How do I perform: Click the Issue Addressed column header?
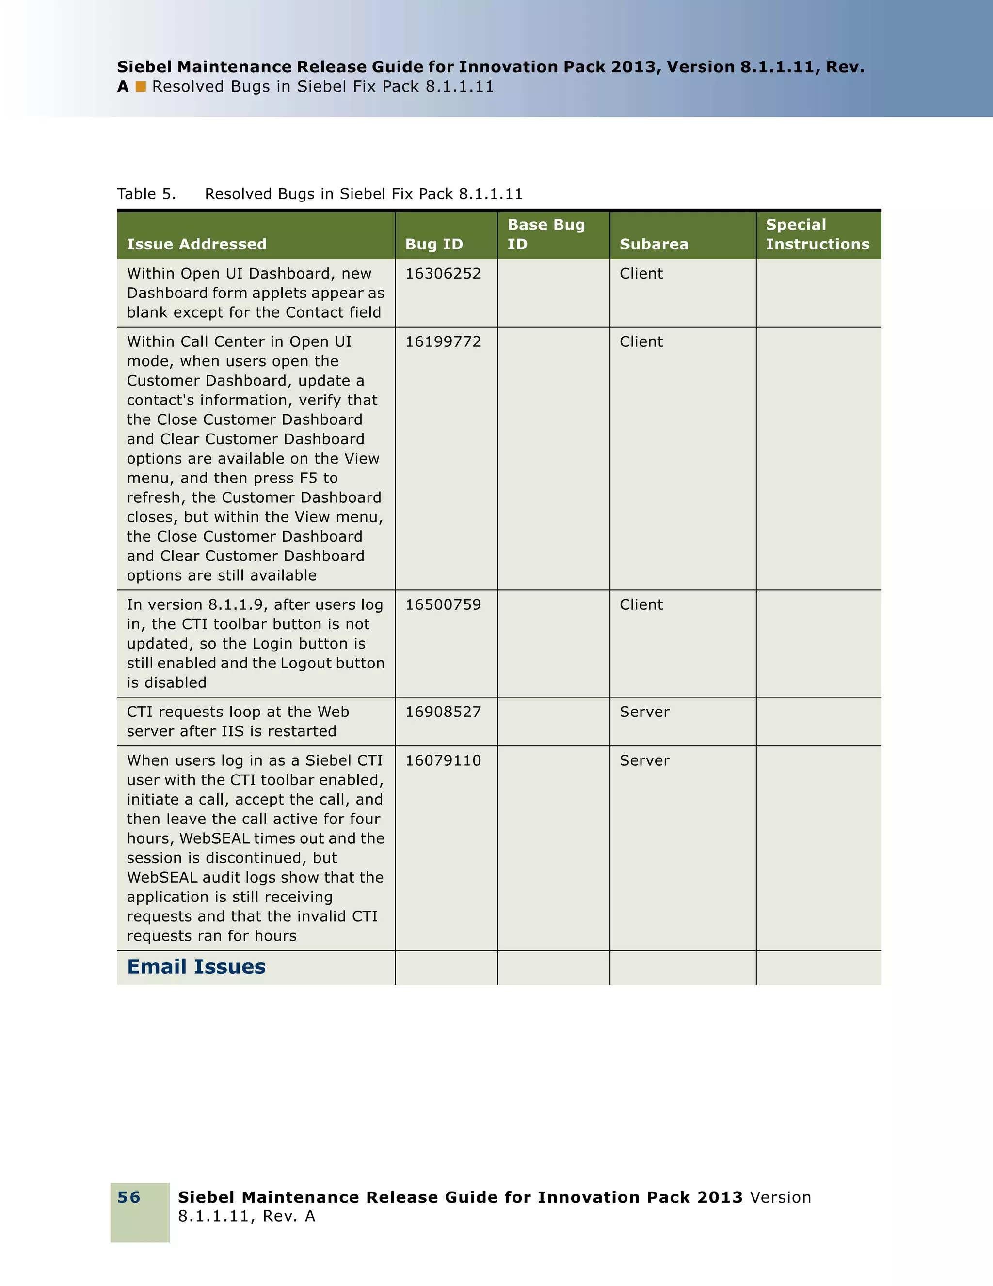coord(196,244)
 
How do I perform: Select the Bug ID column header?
coord(434,244)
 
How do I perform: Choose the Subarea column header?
coord(654,244)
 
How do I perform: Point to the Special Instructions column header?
coord(817,234)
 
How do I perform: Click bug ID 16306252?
coord(443,273)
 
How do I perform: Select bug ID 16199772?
coord(443,341)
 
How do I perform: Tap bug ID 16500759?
coord(443,604)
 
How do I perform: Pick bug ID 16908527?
coord(443,712)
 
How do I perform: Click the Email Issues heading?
coord(196,967)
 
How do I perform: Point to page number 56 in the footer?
coord(128,1197)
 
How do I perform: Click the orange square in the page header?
coord(141,87)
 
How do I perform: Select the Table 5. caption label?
coord(146,194)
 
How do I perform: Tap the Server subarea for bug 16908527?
coord(644,712)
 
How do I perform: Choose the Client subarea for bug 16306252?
coord(641,273)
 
